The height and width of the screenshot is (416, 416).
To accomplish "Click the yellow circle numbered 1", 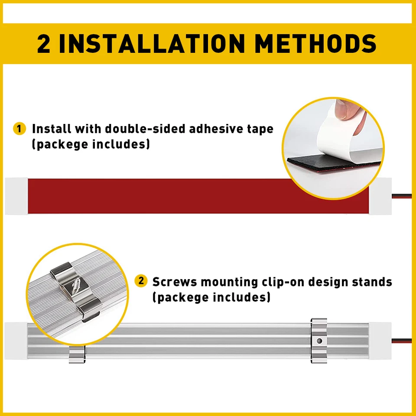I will [x=19, y=129].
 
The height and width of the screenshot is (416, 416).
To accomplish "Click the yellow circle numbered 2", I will [x=140, y=281].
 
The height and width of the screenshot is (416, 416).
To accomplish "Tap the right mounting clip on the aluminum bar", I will [x=318, y=341].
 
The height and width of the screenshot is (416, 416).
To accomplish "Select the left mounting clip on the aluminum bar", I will [x=77, y=353].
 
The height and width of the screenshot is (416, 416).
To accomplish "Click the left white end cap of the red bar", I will [x=16, y=196].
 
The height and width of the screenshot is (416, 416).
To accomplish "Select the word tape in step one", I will [x=260, y=129].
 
